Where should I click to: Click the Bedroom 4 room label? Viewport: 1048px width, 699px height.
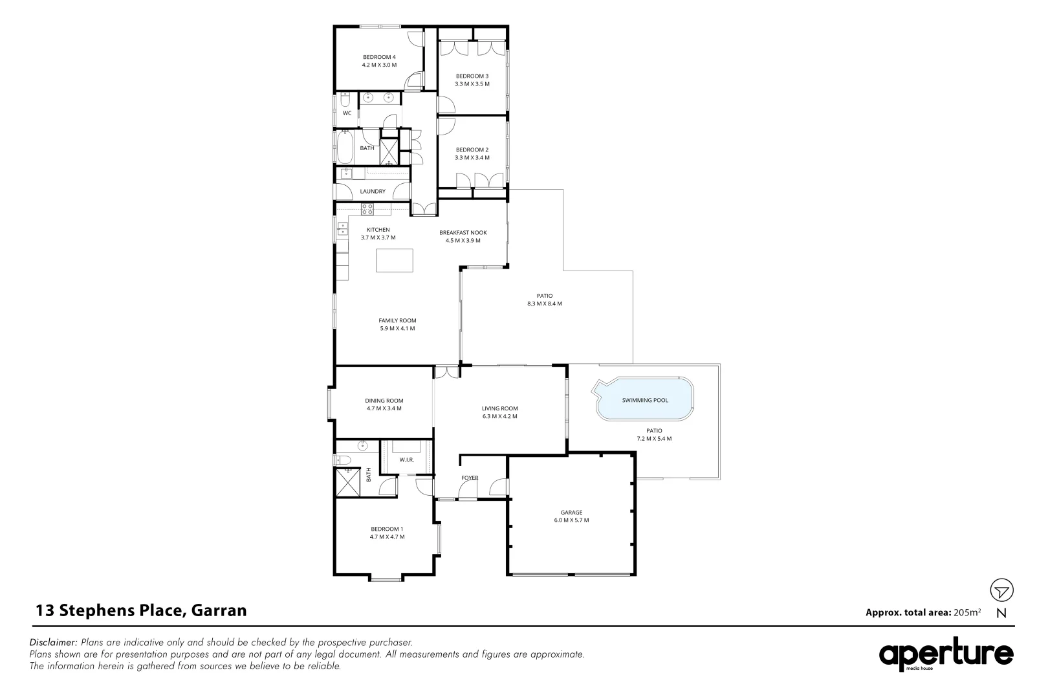(379, 57)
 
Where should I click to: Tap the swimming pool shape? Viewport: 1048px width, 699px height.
(645, 401)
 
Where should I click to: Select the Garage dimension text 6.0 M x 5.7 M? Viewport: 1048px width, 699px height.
(571, 520)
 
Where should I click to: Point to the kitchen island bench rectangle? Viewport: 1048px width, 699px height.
(395, 260)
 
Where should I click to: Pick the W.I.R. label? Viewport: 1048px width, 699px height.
(406, 460)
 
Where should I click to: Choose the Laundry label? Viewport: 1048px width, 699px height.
(373, 192)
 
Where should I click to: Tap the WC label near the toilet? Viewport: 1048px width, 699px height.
(347, 113)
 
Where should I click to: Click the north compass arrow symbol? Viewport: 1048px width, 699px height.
(1001, 590)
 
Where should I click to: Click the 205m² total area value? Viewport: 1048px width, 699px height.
(967, 612)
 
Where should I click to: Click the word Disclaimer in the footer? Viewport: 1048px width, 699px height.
(54, 643)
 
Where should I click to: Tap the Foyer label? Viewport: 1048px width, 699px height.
(470, 478)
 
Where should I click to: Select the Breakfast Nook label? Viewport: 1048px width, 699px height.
(463, 232)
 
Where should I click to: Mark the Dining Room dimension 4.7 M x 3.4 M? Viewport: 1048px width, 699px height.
(384, 408)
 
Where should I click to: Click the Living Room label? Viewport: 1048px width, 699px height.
(499, 408)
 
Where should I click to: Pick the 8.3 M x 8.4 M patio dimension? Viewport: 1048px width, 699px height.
(545, 304)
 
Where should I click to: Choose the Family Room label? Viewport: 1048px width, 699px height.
(397, 320)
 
